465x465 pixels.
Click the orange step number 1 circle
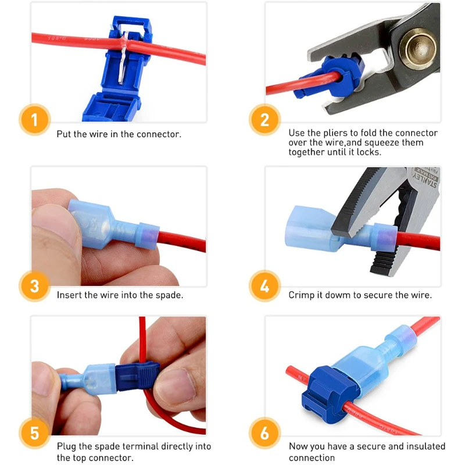tap(34, 120)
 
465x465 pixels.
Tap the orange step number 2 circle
tap(265, 120)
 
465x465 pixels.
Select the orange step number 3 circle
tap(34, 286)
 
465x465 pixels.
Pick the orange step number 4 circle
tap(265, 286)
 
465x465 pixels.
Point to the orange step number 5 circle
tap(34, 434)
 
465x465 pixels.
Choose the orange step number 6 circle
tap(265, 434)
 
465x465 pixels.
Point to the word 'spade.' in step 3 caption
tap(169, 295)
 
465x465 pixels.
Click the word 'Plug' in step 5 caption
tap(66, 446)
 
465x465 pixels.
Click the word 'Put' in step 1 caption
tap(64, 134)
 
